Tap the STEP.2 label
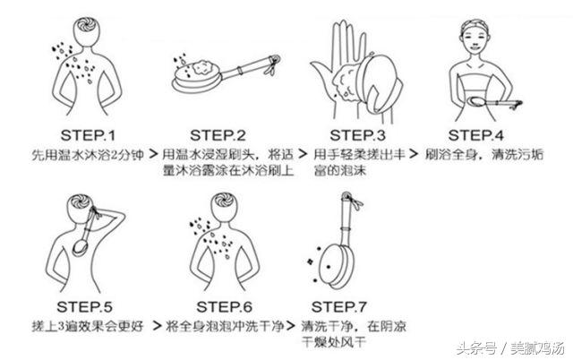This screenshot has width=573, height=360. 215,135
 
